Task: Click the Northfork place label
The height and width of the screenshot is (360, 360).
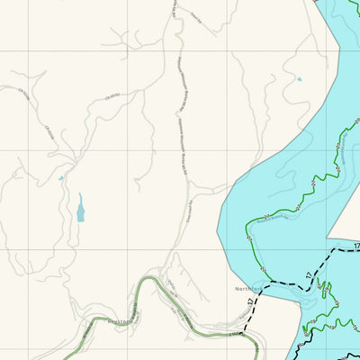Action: click(247, 289)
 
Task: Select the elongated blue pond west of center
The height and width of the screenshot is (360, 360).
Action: click(81, 211)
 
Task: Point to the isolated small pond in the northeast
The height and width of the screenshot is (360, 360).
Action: click(299, 79)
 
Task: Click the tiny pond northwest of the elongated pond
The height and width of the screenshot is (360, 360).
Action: click(60, 178)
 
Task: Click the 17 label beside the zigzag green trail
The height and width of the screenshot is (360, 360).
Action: click(308, 275)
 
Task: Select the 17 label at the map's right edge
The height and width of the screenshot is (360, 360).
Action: click(355, 246)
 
